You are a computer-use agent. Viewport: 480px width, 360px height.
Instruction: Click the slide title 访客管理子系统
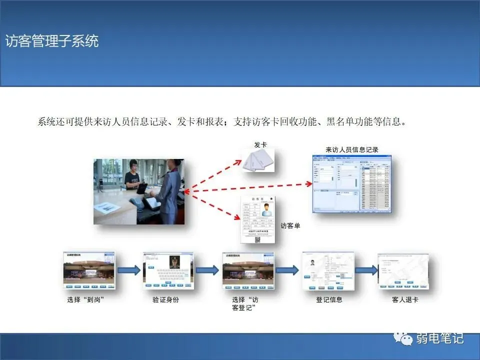[x=52, y=41]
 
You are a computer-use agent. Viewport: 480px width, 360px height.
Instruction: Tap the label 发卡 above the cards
[x=260, y=145]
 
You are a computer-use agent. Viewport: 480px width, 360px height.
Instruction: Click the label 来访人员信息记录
[x=352, y=149]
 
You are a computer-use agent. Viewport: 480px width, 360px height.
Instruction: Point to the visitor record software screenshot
[x=352, y=183]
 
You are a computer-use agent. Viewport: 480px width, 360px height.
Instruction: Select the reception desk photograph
[x=139, y=191]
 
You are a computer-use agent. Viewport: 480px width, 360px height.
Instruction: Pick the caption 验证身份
[x=166, y=300]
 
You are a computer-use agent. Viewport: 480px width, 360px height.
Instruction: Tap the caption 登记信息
[x=329, y=300]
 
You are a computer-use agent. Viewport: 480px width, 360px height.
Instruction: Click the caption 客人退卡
[x=405, y=300]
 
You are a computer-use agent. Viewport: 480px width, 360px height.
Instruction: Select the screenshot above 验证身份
[x=168, y=270]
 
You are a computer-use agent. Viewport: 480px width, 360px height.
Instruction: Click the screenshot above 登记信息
[x=328, y=270]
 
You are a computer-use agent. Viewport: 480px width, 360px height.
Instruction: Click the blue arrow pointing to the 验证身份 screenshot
[x=128, y=270]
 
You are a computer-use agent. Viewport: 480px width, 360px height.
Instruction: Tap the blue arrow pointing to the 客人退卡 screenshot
[x=366, y=270]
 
